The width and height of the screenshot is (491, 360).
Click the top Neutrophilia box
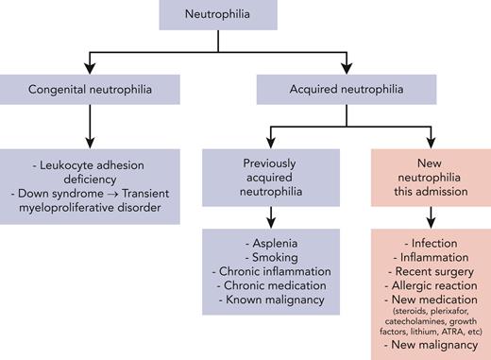(x=219, y=17)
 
